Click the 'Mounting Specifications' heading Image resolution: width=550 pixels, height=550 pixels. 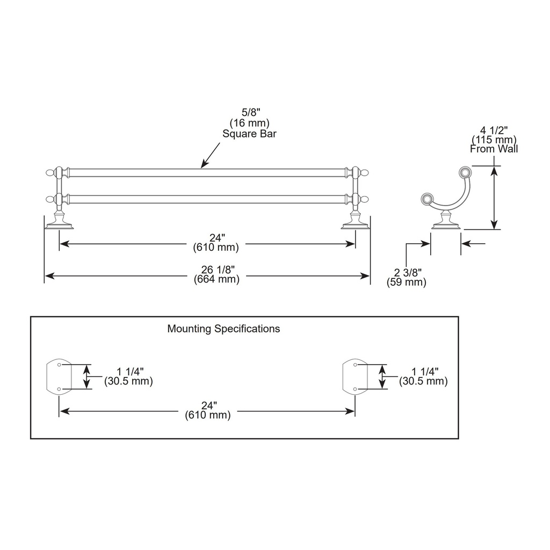click(x=223, y=329)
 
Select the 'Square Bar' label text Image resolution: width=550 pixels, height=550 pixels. click(x=249, y=134)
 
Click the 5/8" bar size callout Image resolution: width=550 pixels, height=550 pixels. click(x=251, y=112)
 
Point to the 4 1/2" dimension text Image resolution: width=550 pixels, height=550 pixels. click(x=494, y=131)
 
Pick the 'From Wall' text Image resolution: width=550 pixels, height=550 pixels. click(x=494, y=149)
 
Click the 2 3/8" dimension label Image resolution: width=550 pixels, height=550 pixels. click(x=408, y=272)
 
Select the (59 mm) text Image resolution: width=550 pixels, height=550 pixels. click(x=407, y=282)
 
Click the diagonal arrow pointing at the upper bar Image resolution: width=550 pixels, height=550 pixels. click(x=211, y=155)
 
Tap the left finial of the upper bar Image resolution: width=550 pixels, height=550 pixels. click(x=50, y=172)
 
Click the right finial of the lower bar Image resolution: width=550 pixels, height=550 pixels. click(x=365, y=199)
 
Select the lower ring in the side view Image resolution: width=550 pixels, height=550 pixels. click(x=426, y=199)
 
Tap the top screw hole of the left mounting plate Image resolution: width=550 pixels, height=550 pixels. click(x=59, y=365)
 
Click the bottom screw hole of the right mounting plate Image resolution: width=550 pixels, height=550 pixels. click(x=356, y=389)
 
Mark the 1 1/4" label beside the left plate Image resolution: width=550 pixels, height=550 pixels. click(x=130, y=372)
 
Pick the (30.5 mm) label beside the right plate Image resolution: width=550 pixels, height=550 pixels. click(x=423, y=381)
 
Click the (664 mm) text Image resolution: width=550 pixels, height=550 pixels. click(x=217, y=279)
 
